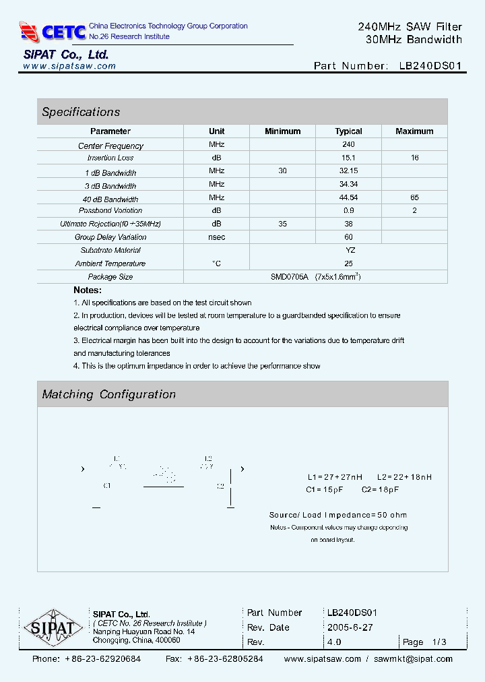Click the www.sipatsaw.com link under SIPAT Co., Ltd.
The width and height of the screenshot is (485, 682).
(x=69, y=66)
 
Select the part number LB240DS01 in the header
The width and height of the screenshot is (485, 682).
(x=430, y=66)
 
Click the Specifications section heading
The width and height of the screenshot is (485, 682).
(x=81, y=112)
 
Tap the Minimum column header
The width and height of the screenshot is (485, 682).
(x=282, y=131)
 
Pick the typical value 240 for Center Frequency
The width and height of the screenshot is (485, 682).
(x=348, y=144)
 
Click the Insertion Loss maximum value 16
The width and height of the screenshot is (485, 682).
(x=414, y=158)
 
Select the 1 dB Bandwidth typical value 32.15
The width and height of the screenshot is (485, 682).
(x=348, y=171)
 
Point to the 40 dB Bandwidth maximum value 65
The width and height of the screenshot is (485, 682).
(x=414, y=197)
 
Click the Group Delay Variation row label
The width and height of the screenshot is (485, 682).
(x=110, y=237)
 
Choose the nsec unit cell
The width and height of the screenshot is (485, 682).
(x=216, y=237)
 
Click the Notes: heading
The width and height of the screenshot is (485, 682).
(x=88, y=290)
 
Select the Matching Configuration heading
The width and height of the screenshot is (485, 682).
(x=108, y=394)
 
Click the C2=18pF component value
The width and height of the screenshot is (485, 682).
(x=380, y=490)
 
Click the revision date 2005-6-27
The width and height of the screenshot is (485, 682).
(x=350, y=627)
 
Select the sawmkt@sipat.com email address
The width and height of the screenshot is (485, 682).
(x=413, y=659)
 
